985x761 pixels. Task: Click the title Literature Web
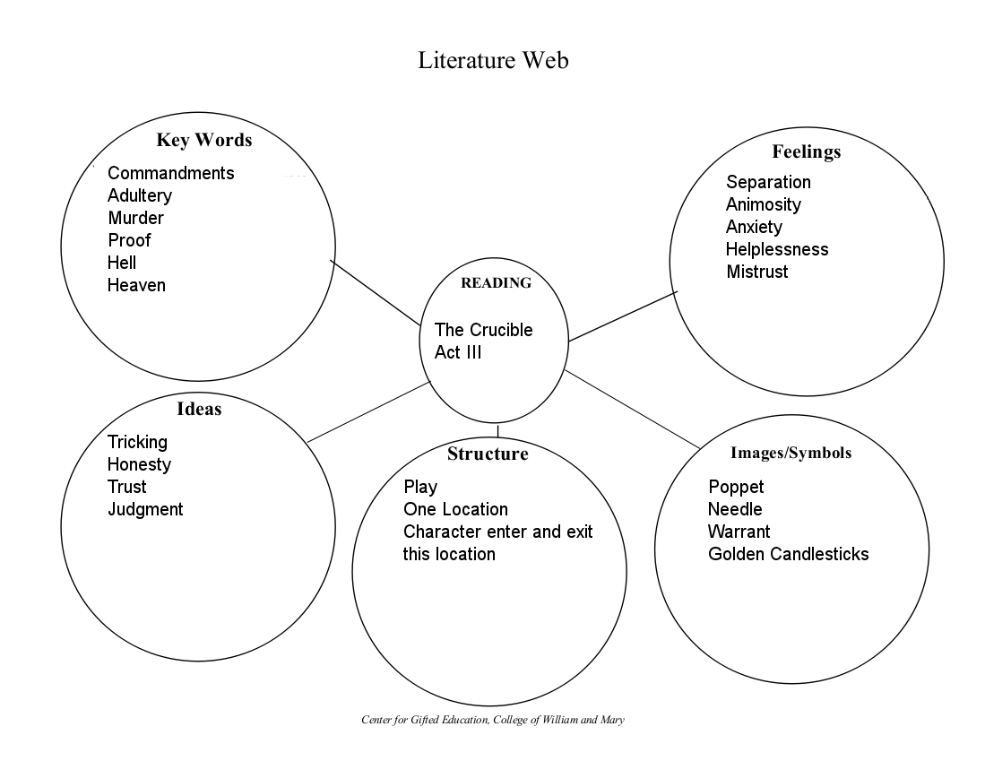coord(493,61)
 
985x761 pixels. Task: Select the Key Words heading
coord(203,140)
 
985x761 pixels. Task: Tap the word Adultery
coord(140,195)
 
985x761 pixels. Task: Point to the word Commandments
coord(170,173)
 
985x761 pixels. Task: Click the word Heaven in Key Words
coord(136,285)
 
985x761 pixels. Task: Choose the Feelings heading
coord(806,151)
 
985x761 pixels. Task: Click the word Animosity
coord(764,204)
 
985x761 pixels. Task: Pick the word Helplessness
coord(777,249)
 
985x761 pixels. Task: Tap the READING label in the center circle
coord(496,283)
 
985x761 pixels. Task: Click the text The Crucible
coord(483,330)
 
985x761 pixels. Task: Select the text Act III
coord(458,352)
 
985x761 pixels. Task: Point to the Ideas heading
coord(199,409)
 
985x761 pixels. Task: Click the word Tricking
coord(137,442)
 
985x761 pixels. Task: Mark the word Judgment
coord(145,509)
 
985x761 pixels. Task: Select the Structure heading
coord(488,454)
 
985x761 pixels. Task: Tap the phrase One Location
coord(455,509)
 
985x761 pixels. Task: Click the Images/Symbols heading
coord(791,453)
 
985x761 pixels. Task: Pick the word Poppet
coord(736,487)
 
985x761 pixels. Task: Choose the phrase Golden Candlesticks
coord(788,554)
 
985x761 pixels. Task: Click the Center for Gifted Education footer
coord(492,720)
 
